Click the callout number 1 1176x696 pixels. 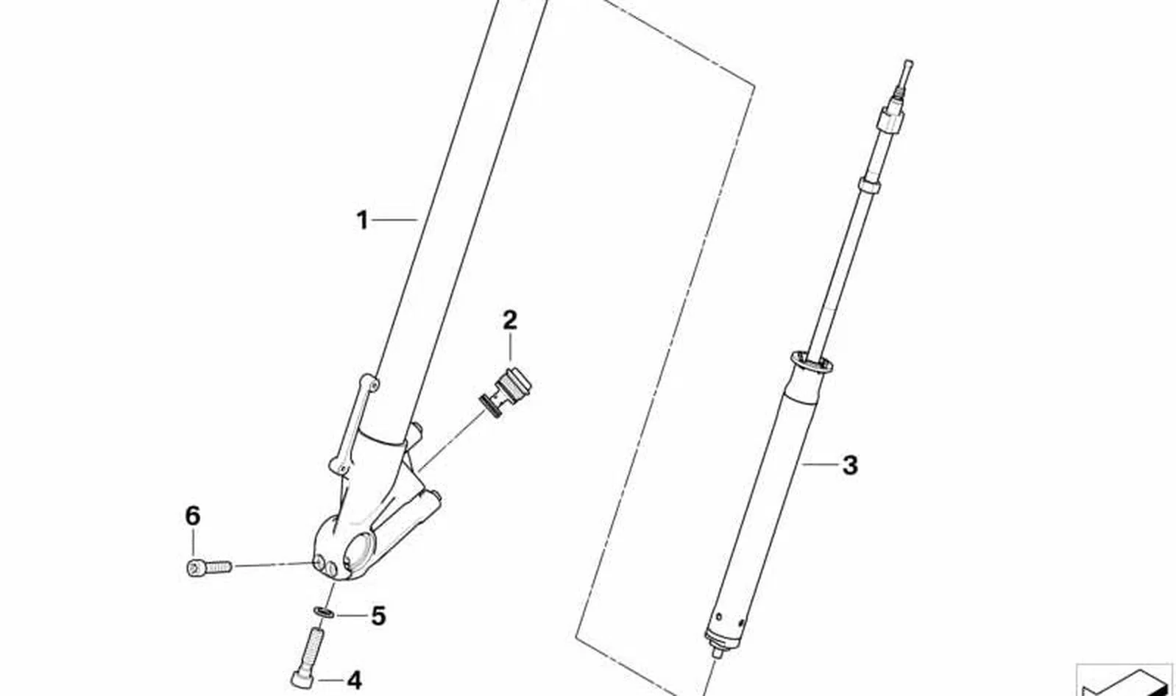(x=362, y=220)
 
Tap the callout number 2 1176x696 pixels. (x=510, y=320)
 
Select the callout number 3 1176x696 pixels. (x=850, y=465)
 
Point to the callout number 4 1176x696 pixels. (x=355, y=681)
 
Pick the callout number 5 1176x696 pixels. (x=378, y=616)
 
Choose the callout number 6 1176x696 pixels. (x=193, y=516)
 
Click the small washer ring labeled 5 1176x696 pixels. (x=324, y=612)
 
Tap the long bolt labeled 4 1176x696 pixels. (x=308, y=658)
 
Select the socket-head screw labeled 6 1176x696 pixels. (x=209, y=567)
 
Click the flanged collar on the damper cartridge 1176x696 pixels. (x=812, y=363)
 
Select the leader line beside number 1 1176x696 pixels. (x=394, y=219)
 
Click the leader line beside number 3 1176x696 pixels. (x=820, y=464)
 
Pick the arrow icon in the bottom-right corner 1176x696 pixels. (x=1126, y=681)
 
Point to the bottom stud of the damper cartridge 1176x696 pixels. (x=716, y=653)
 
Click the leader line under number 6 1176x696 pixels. (x=193, y=543)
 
